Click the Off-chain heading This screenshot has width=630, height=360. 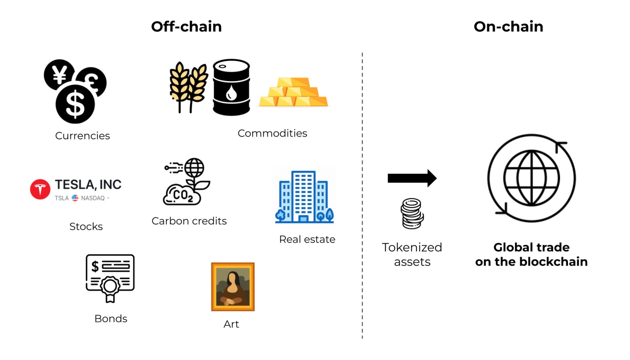[x=186, y=27]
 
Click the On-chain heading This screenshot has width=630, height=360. [x=508, y=27]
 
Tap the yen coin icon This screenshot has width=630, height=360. [x=59, y=75]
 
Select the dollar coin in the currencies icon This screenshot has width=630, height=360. [x=75, y=104]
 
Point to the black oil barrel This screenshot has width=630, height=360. [x=231, y=87]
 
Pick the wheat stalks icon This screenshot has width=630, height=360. [x=188, y=86]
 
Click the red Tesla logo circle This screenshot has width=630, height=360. [x=40, y=189]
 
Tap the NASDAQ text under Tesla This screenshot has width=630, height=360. [x=93, y=198]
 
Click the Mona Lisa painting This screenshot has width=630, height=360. [x=233, y=287]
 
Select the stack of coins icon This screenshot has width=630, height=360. [x=412, y=213]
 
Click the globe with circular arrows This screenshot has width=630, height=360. [x=531, y=178]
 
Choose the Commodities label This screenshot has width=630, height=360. [x=272, y=133]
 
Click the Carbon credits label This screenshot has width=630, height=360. [x=189, y=221]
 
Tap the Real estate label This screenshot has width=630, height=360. [x=307, y=239]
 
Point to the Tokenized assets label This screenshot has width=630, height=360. [x=412, y=254]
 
